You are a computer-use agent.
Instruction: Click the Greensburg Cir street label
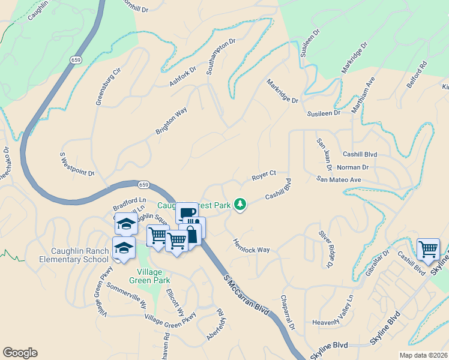point(109,86)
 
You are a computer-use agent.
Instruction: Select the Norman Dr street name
point(352,167)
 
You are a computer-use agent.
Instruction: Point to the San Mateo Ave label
point(339,179)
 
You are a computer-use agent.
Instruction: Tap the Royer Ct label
point(264,176)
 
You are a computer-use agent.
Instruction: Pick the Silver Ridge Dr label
point(326,248)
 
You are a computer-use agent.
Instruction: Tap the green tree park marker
point(240,205)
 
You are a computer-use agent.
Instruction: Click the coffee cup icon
point(187,213)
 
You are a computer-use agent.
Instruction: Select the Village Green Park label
point(149,275)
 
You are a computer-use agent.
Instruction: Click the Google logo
point(20,353)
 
